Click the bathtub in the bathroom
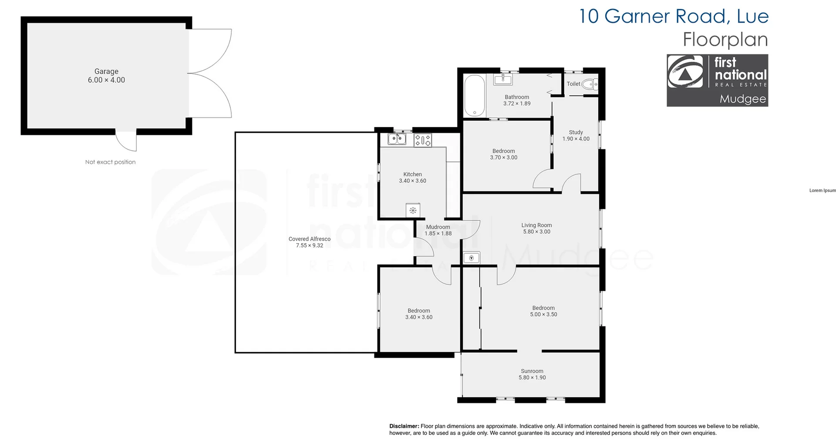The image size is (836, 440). tap(474, 95)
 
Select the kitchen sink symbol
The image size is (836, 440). tap(397, 139)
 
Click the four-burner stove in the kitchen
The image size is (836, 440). tap(422, 140)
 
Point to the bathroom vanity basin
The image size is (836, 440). tap(503, 79)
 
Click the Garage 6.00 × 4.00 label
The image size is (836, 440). tap(106, 76)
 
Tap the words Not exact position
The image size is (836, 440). tap(110, 162)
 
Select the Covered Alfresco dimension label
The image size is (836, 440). tap(310, 242)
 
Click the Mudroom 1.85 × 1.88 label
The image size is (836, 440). tap(438, 230)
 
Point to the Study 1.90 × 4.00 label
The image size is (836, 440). tap(576, 135)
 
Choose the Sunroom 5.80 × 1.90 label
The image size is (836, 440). tap(532, 374)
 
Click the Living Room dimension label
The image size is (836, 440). tap(536, 228)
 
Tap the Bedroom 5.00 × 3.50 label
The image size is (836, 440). tap(543, 311)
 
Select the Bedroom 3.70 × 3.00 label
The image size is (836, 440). tap(504, 155)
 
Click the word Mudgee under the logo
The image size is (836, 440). tap(742, 99)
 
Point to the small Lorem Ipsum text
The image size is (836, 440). tap(823, 190)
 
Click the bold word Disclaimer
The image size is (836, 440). tap(404, 426)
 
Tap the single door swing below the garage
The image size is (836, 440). tap(125, 141)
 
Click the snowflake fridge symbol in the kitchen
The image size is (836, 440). tap(413, 211)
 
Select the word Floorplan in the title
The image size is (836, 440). tap(725, 40)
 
